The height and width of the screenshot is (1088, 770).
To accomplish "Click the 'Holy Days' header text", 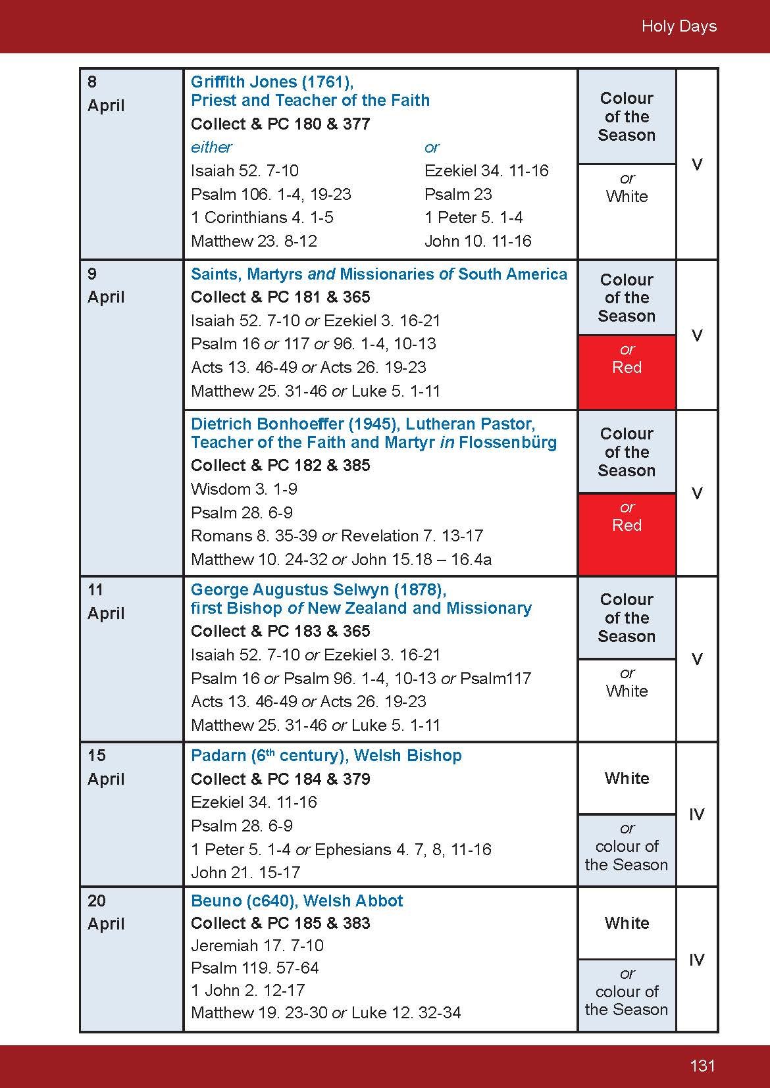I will (679, 26).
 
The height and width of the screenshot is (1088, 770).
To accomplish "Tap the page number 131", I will (702, 1066).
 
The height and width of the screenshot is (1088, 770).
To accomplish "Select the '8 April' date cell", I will (106, 93).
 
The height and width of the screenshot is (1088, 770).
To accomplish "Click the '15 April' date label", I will (106, 767).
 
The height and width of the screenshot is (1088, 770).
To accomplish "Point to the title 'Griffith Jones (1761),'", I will (272, 82).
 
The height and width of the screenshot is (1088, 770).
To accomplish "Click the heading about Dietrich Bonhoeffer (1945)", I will (373, 433).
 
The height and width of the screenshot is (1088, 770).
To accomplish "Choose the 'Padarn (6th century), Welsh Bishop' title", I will (326, 755).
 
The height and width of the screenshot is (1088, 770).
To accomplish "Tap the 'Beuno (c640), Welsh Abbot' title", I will (296, 901).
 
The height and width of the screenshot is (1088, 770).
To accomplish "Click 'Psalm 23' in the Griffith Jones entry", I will (458, 194).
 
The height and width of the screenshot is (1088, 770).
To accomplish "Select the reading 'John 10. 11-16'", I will (478, 241).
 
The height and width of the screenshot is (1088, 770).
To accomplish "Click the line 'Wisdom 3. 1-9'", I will (244, 489).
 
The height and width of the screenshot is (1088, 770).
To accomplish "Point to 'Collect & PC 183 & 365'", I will (280, 631).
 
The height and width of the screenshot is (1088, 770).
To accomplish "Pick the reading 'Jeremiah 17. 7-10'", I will (257, 945).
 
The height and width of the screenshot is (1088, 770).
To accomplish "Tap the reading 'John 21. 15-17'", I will (245, 872).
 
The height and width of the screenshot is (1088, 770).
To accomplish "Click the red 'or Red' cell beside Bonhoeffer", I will (627, 517).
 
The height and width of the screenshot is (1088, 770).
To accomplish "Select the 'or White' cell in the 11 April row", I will (627, 683).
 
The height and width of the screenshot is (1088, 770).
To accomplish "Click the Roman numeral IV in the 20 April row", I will (696, 960).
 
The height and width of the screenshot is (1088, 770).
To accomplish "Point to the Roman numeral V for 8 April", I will (697, 164).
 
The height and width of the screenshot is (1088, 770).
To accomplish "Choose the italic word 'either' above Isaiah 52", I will (211, 147).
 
